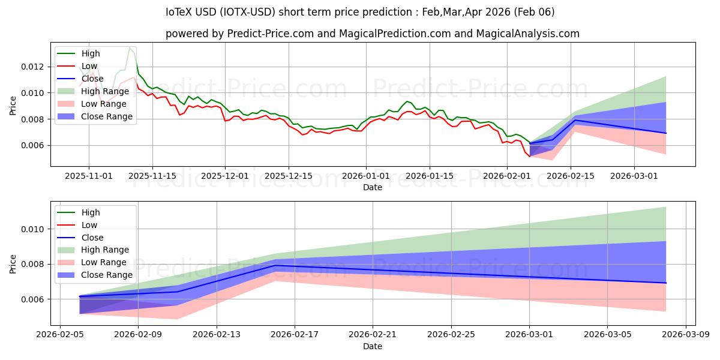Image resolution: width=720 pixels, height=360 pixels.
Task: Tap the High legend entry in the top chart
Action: (x=91, y=53)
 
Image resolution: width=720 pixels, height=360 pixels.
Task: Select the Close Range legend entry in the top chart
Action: (x=107, y=116)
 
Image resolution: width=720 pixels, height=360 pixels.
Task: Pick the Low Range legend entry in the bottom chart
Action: (x=104, y=262)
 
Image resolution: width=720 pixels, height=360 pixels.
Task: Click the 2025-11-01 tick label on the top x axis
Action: (x=89, y=176)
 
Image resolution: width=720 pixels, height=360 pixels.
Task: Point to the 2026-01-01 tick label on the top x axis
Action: (x=366, y=176)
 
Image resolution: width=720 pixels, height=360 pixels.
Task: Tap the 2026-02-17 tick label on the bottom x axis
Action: (x=295, y=335)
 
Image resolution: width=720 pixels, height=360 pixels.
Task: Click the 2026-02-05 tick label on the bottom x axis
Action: (x=59, y=335)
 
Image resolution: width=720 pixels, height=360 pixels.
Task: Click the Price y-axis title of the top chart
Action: (x=13, y=106)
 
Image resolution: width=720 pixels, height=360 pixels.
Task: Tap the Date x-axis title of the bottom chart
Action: (x=373, y=346)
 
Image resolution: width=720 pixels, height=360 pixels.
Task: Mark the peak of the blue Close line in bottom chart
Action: (x=275, y=265)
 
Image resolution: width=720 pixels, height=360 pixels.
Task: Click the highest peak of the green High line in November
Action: (x=130, y=48)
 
